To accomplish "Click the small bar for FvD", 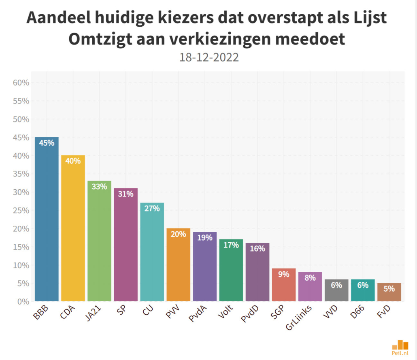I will pyautogui.click(x=389, y=292).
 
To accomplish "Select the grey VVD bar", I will pyautogui.click(x=336, y=290).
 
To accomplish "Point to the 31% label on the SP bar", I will pyautogui.click(x=126, y=194).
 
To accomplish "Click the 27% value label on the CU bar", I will pyautogui.click(x=152, y=209).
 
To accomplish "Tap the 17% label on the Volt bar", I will pyautogui.click(x=231, y=245).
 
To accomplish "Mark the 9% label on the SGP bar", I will pyautogui.click(x=284, y=274).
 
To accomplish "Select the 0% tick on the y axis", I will pyautogui.click(x=23, y=302).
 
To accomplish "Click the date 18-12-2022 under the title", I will pyautogui.click(x=209, y=57).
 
